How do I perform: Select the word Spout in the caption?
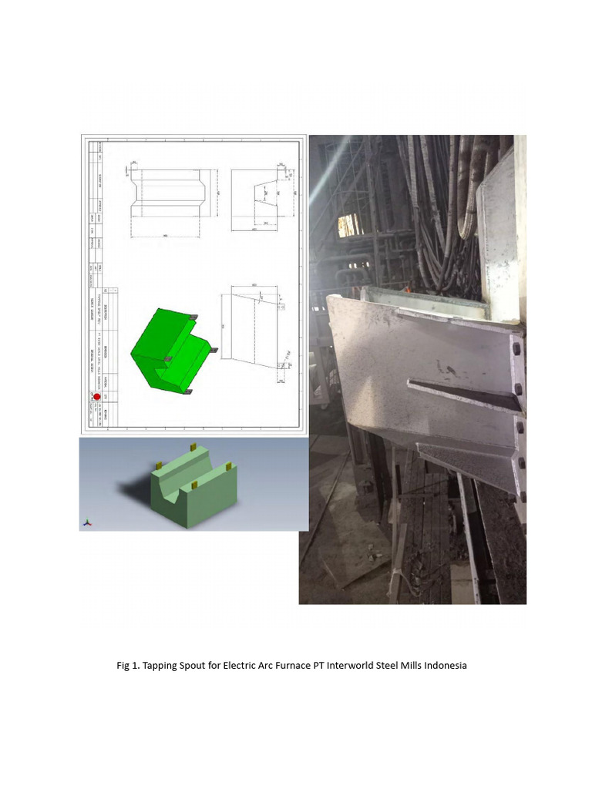pyautogui.click(x=193, y=665)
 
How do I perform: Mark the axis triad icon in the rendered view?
pyautogui.click(x=87, y=522)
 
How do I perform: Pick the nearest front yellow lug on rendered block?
pyautogui.click(x=194, y=485)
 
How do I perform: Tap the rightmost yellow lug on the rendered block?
pyautogui.click(x=229, y=465)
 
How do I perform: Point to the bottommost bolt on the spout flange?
pyautogui.click(x=522, y=497)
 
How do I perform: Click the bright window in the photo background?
pyautogui.click(x=348, y=224)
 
